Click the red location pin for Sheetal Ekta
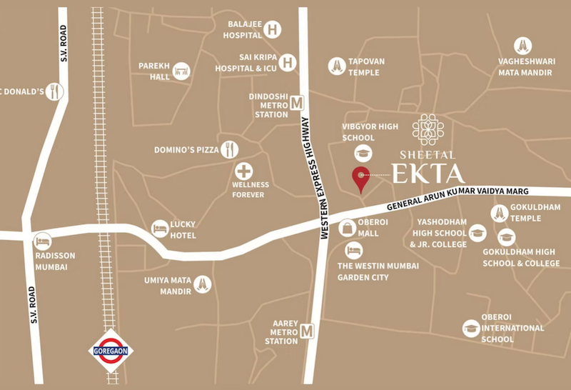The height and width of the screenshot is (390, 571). (x=361, y=178)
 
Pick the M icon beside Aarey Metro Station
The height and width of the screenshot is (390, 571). (x=308, y=331)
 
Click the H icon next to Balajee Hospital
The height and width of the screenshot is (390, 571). (x=272, y=29)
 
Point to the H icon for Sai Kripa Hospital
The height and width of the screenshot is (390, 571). (x=288, y=62)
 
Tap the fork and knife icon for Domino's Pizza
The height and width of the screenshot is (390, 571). (x=229, y=149)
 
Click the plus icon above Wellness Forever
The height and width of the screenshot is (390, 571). (x=245, y=172)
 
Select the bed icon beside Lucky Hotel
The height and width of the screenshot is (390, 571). (x=160, y=229)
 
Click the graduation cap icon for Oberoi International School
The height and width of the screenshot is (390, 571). (x=470, y=329)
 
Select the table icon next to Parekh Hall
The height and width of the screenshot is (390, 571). (x=181, y=71)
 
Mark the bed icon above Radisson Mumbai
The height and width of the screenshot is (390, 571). (x=42, y=240)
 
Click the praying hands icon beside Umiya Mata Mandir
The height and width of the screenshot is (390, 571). (x=202, y=284)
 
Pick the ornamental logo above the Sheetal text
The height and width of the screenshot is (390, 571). (x=428, y=129)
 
